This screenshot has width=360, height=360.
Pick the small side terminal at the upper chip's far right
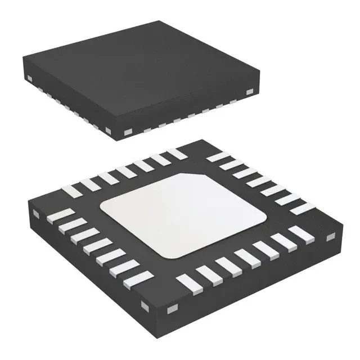(x=249, y=91)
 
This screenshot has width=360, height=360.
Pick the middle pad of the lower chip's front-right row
(x=244, y=256)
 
